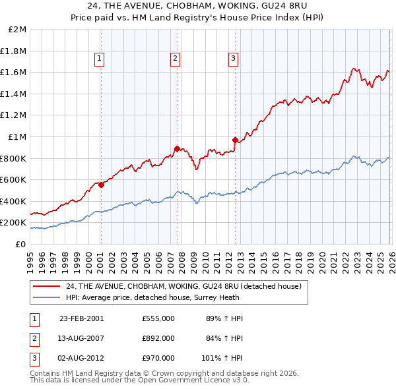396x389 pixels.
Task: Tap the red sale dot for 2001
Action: (101, 185)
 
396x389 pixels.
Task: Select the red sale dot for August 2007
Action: (177, 148)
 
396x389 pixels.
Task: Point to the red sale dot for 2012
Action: (234, 140)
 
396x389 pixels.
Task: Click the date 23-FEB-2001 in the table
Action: (82, 318)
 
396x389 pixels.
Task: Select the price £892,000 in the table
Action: (158, 338)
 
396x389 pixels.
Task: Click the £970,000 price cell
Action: (158, 359)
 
